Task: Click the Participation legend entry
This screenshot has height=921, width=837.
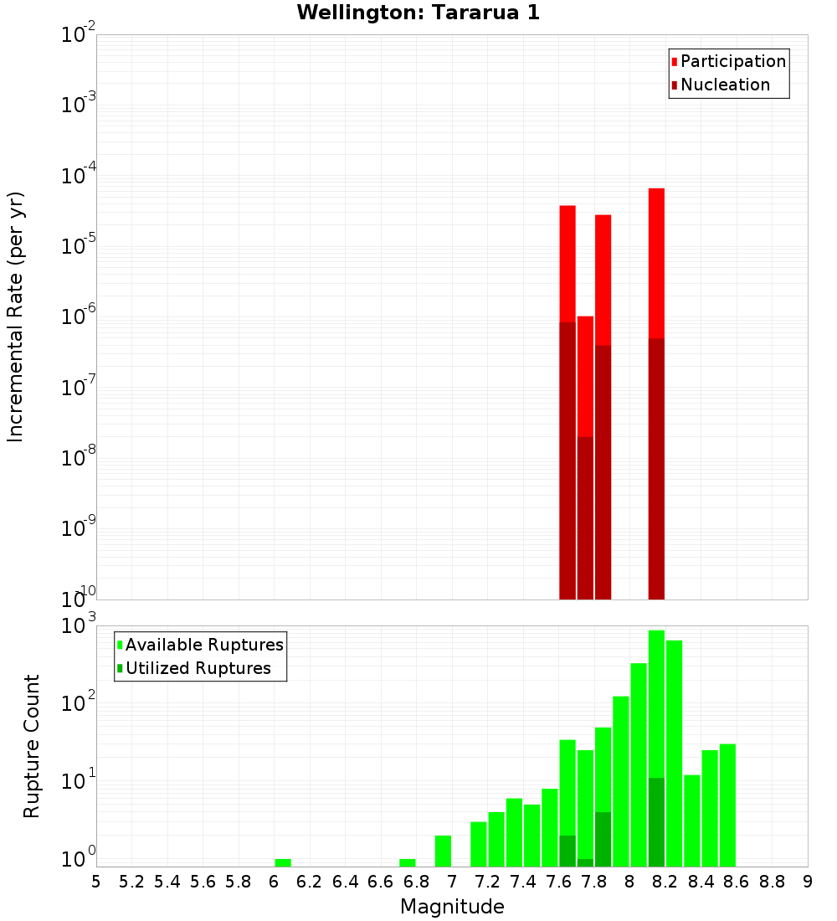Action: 732,61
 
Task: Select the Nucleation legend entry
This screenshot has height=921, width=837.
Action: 724,85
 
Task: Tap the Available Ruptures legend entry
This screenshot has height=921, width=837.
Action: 203,645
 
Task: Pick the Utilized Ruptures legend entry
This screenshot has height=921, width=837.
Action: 197,668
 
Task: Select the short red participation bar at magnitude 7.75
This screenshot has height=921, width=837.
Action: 585,377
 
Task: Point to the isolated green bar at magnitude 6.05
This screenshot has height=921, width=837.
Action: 283,862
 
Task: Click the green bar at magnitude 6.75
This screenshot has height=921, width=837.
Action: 408,862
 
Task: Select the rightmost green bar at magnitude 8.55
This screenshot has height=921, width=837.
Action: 727,804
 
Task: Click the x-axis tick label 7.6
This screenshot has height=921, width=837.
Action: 558,882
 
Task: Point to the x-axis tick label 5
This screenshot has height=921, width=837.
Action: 96,882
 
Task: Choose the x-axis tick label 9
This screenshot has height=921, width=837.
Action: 808,882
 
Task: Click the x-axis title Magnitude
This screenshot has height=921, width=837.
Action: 452,907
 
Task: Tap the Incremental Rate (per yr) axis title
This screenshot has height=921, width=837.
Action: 16,316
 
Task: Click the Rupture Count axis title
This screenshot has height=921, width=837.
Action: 32,745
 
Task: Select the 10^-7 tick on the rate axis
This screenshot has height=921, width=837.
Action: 78,388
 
